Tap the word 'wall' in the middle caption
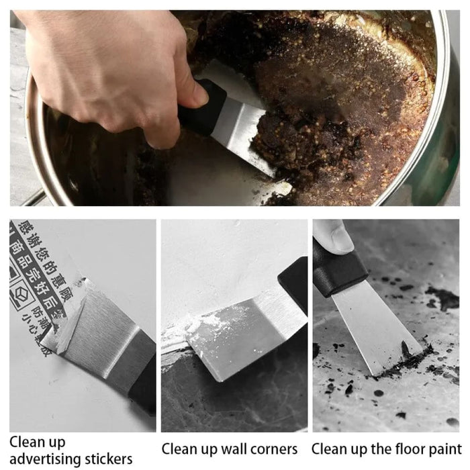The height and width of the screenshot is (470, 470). coord(230,449)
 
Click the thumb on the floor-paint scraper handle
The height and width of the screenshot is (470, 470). coord(334,236)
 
